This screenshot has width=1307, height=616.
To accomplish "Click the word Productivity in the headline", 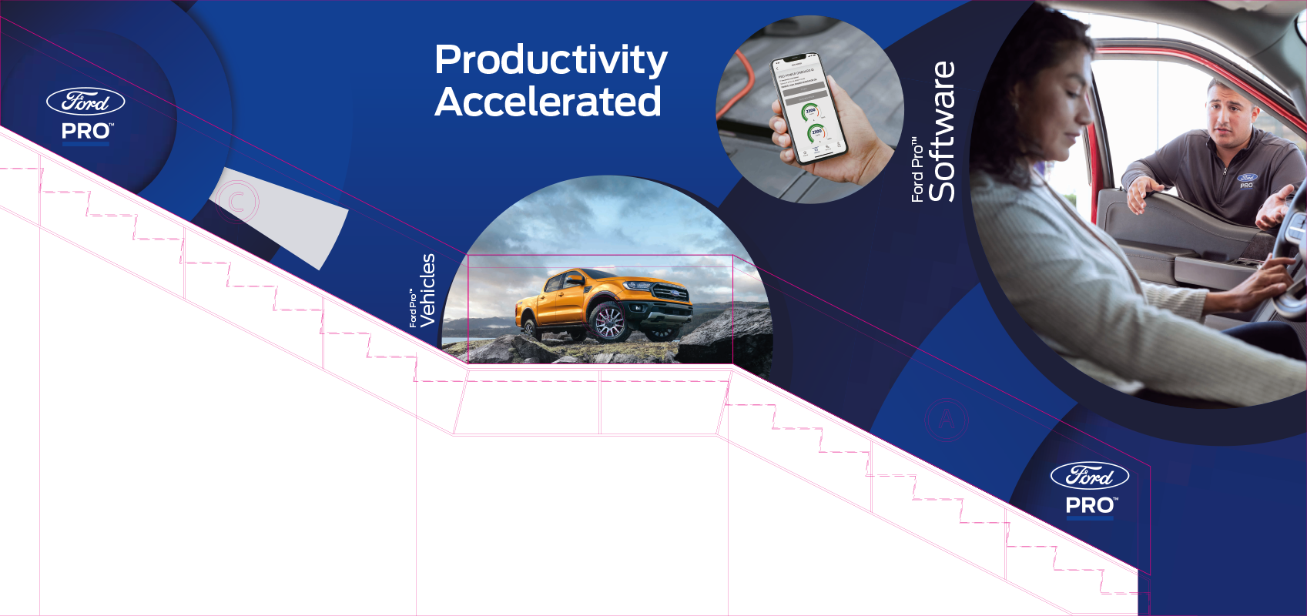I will (551, 61).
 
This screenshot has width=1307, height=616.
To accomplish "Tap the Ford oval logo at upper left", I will (85, 101).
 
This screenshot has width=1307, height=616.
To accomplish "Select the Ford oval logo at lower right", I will (1089, 476).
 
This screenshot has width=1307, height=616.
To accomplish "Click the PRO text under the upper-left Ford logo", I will (86, 132).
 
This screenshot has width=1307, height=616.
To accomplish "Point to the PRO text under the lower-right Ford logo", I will (1090, 506).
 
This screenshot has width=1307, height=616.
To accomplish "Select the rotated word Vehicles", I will (427, 290).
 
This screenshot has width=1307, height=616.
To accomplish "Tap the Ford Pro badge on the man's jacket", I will (1247, 181).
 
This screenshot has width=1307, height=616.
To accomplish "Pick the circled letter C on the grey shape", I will (237, 203).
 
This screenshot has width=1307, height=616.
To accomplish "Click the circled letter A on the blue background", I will (946, 420).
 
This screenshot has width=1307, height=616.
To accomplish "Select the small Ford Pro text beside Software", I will (917, 170).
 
